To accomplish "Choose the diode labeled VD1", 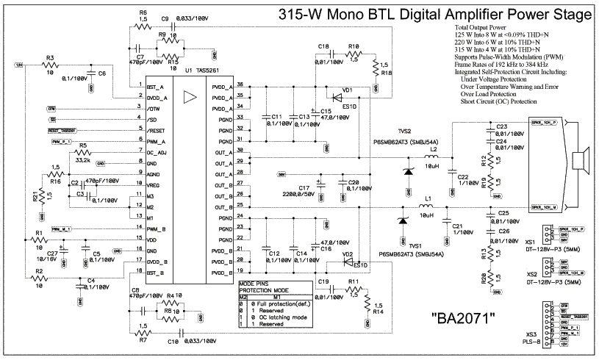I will pos(348,90).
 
